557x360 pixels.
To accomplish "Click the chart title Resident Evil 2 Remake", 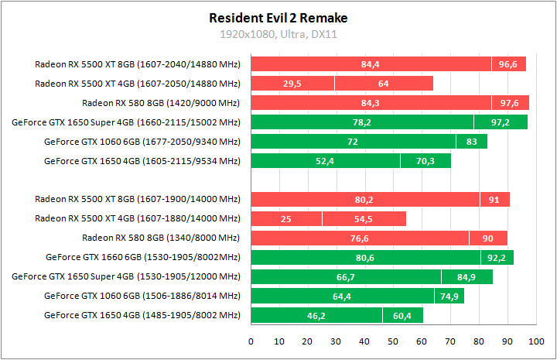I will (278, 17).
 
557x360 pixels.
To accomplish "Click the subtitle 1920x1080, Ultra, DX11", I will (278, 34).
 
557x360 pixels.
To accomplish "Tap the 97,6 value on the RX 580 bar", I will (510, 103).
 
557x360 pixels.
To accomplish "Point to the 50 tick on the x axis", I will (393, 340).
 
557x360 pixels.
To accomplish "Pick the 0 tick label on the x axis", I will (251, 340).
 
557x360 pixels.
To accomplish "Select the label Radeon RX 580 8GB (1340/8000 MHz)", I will (161, 238).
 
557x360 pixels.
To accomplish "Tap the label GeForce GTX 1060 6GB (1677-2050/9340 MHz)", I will (142, 142).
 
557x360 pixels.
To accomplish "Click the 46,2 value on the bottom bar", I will (316, 315).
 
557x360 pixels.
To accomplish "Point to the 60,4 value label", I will (402, 315).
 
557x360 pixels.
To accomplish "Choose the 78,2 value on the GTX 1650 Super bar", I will (362, 122).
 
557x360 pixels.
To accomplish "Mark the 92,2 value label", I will (497, 257).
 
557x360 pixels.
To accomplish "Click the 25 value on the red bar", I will (286, 219).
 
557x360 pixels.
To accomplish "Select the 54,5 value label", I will (364, 219).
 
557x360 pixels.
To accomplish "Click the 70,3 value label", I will (425, 161).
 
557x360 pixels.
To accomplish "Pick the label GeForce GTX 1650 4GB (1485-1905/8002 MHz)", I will (142, 315).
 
